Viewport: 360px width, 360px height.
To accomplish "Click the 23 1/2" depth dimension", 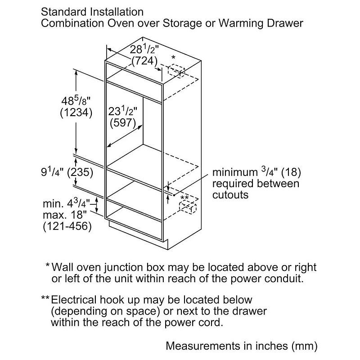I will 122,111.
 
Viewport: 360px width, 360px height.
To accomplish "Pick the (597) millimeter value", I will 122,122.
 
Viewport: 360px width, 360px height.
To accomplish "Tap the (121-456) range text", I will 67,226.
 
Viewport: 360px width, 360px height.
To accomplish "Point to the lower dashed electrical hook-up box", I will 188,207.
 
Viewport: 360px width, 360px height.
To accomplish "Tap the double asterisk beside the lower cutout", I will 184,198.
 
